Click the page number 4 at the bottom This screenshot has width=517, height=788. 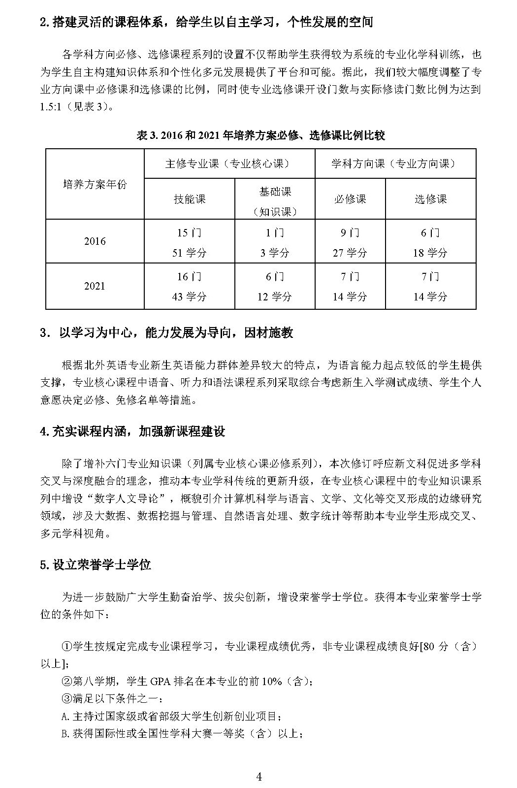(259, 777)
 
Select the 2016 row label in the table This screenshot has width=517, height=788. (95, 241)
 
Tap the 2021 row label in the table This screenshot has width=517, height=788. (95, 286)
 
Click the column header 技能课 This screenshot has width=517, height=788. (190, 199)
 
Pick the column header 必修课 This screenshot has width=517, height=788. (350, 199)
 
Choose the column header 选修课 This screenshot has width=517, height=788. (430, 199)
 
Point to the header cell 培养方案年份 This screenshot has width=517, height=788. (95, 184)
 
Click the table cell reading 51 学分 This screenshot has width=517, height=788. (190, 253)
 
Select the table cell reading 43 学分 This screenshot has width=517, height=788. (190, 297)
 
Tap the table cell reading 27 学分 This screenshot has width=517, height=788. (350, 253)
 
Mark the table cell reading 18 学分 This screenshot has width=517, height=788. (430, 253)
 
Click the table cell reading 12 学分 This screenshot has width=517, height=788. (275, 297)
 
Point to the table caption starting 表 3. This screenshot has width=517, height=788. (260, 135)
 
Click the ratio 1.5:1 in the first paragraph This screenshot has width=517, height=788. (50, 106)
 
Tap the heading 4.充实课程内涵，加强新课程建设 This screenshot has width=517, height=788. (132, 432)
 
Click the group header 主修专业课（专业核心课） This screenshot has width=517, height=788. (229, 164)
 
